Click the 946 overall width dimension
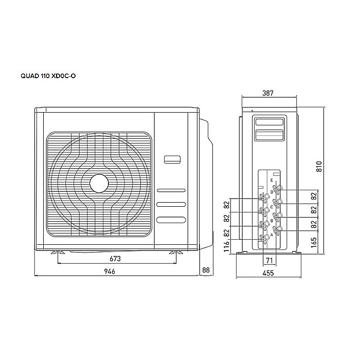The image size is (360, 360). [109, 271]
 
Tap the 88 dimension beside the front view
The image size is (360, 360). [207, 270]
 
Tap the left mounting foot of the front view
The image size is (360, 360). [58, 253]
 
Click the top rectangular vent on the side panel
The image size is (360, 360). [269, 122]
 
